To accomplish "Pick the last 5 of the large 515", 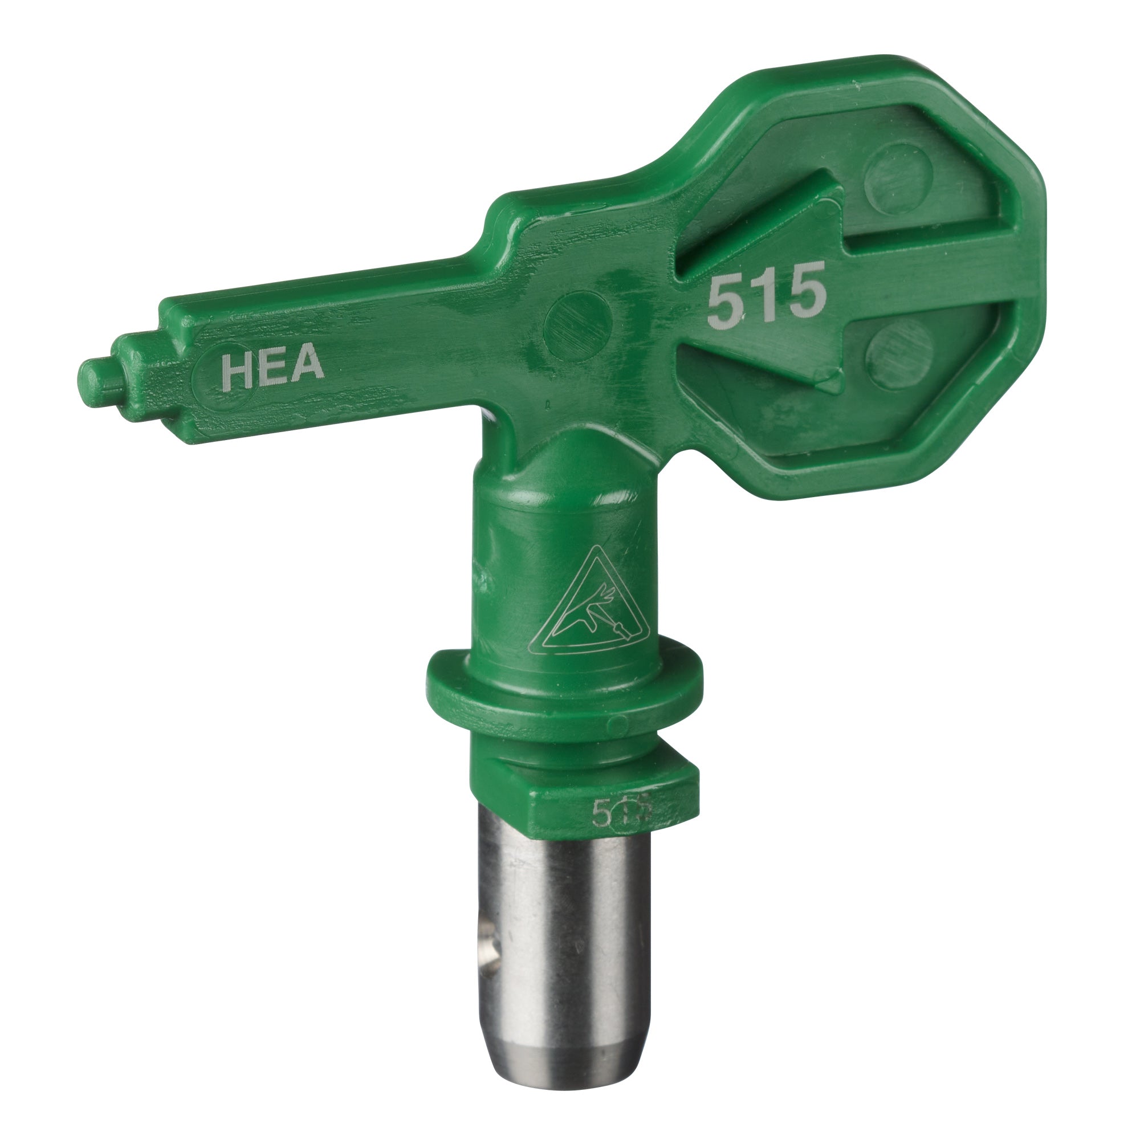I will [x=804, y=295].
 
